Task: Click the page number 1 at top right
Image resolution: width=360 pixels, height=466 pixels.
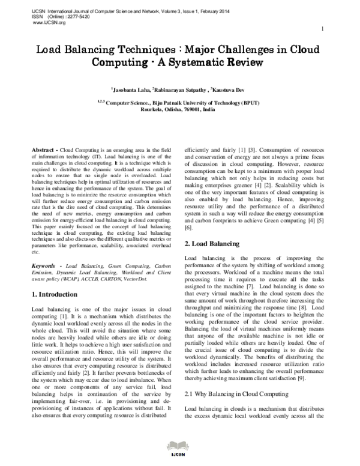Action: [x=323, y=29]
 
